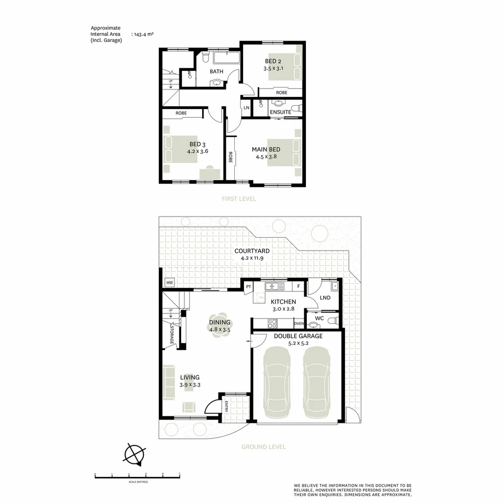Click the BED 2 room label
click(273, 61)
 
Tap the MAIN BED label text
click(266, 150)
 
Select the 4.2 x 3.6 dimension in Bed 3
click(197, 151)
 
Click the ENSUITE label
click(280, 112)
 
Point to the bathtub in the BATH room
click(226, 58)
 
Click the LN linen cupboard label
click(246, 108)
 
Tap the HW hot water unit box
click(169, 283)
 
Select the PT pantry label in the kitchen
click(249, 286)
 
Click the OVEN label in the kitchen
click(299, 324)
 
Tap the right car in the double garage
click(317, 382)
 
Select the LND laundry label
click(325, 298)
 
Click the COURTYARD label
click(252, 251)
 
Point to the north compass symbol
click(135, 454)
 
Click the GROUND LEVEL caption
click(263, 447)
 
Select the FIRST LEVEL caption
click(238, 199)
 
